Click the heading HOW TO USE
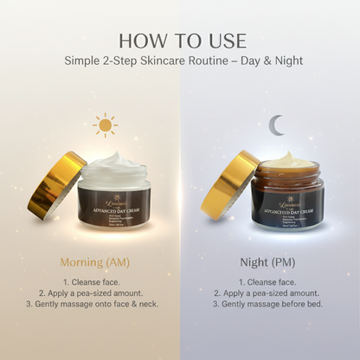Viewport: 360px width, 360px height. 180,41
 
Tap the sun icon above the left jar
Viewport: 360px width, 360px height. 105,125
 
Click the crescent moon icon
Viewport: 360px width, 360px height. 275,126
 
